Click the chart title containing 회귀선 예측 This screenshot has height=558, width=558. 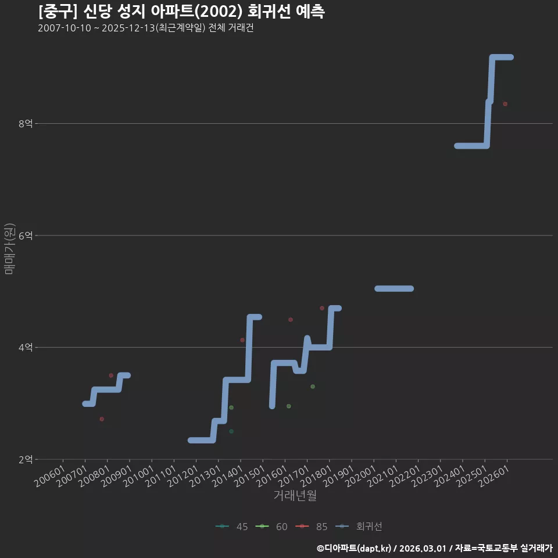[181, 12]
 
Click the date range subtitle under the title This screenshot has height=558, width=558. [146, 28]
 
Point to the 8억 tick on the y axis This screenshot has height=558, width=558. [26, 123]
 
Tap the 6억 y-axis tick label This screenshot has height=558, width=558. [26, 235]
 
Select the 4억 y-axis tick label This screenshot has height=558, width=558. [26, 347]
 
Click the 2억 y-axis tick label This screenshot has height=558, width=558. [26, 459]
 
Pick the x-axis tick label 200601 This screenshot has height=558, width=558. [49, 476]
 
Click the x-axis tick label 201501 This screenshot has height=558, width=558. [249, 476]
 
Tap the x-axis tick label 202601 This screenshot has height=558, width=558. [494, 476]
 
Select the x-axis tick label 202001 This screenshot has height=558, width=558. [360, 476]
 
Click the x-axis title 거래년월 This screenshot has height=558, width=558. [295, 495]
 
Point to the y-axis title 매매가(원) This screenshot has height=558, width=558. [9, 249]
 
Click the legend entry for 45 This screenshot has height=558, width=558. [232, 527]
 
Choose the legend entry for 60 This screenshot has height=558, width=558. [271, 527]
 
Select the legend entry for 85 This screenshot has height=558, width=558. [312, 527]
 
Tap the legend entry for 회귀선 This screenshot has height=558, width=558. [359, 527]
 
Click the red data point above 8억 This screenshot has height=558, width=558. [505, 104]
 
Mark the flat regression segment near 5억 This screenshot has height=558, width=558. [394, 289]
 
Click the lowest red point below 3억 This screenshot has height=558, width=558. [102, 419]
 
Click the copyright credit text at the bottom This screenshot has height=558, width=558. [435, 548]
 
